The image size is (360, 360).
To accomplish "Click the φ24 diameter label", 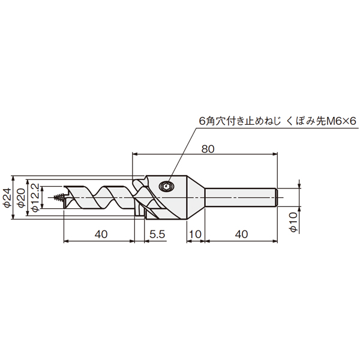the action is tap(8, 197).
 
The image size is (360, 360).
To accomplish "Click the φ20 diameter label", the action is tap(22, 197).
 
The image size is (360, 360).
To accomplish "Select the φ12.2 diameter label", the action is tap(35, 197).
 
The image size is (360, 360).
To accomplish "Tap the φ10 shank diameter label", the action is tap(293, 222).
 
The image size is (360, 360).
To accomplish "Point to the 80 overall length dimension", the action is tap(208, 149).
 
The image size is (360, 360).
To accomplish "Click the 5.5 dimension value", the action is tap(157, 234).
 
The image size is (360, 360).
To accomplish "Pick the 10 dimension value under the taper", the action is tap(196, 234).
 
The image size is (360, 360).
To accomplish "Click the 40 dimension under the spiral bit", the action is tap(101, 234).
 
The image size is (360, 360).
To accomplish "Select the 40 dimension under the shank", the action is tap(242, 234).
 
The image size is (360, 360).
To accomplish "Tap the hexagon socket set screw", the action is tap(166, 186).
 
